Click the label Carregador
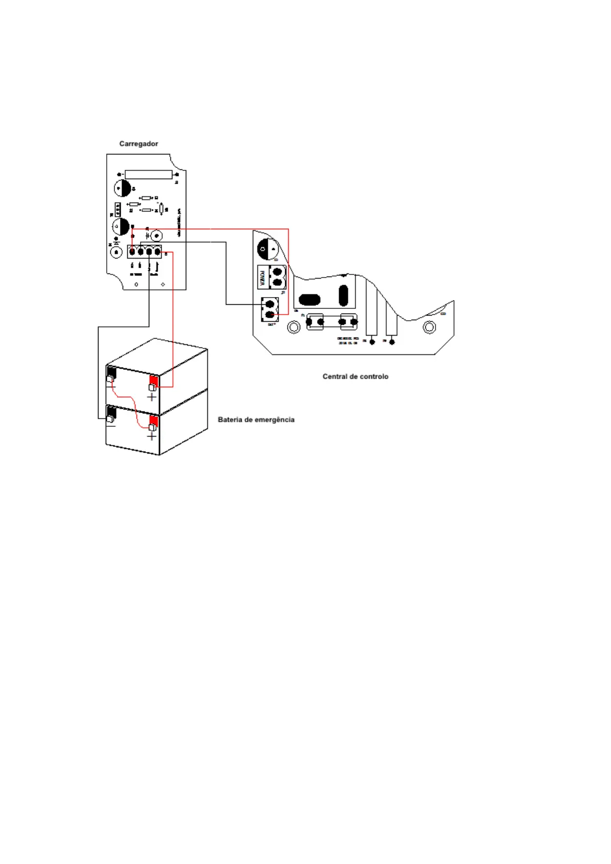pos(139,144)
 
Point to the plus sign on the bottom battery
pos(151,436)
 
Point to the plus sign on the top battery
pos(151,397)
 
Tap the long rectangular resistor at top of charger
pos(148,174)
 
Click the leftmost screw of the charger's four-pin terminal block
pos(132,252)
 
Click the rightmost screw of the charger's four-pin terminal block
pos(157,252)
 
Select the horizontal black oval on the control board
pos(309,300)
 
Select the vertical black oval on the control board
pos(343,295)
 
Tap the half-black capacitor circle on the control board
pos(268,249)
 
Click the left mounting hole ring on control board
pos(293,327)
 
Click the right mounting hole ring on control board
pos(429,327)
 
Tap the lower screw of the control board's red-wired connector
pos(270,313)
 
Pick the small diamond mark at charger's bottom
pos(163,284)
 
